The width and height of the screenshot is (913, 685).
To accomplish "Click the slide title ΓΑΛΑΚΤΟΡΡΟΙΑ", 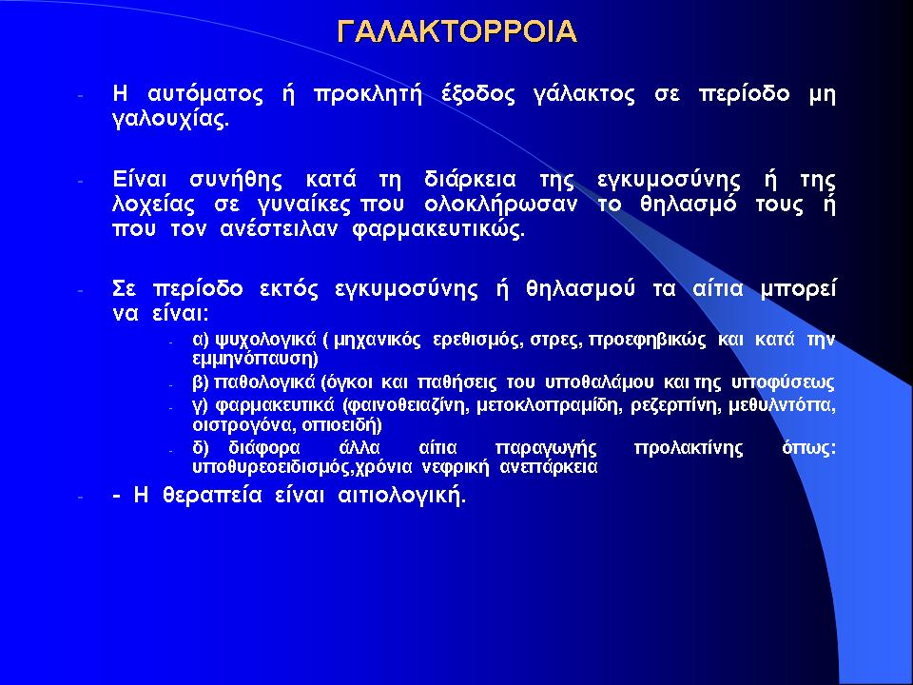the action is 457,32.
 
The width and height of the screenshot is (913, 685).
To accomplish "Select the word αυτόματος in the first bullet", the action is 205,94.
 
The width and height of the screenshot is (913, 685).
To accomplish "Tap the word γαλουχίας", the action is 170,121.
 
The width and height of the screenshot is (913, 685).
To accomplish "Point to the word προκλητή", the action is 367,94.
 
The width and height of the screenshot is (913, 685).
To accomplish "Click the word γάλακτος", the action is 584,94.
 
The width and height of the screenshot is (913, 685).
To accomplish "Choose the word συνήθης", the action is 236,180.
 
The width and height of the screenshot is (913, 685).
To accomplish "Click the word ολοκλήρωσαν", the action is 501,205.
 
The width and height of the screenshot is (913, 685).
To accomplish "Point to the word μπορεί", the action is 798,289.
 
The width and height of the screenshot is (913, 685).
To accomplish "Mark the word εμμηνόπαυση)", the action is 255,359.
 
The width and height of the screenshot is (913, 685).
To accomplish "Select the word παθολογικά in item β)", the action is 265,383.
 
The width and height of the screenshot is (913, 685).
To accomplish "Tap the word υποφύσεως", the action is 783,383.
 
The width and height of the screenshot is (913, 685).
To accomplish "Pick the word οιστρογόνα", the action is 244,426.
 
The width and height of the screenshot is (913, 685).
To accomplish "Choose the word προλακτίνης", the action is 689,448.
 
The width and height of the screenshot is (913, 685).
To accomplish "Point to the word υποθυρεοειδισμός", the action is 273,467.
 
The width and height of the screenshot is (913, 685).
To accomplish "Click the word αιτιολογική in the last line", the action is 401,497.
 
